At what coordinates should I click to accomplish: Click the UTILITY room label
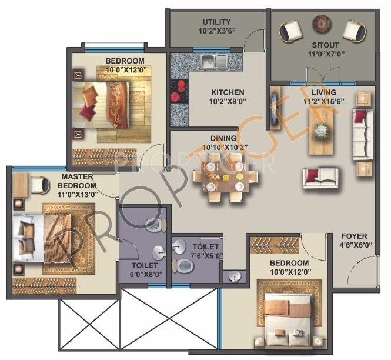coord(216,22)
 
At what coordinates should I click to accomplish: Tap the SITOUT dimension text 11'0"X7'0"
coord(326,54)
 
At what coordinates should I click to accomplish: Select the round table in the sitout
coord(322,24)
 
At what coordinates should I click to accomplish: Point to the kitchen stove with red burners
coord(179,91)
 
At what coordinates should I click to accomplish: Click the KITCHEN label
coord(228,92)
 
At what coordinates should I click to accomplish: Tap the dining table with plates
coord(225,178)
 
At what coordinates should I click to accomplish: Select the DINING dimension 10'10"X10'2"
coord(225,148)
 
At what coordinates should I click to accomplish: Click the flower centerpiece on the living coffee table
coord(320,131)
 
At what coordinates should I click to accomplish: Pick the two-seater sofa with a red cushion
coord(320,178)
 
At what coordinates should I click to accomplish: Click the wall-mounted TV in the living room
coord(275,108)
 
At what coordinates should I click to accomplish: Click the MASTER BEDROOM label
coord(77,181)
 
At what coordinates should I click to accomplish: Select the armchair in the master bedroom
coord(40,185)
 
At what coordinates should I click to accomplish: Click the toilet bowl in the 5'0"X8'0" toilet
coord(156,225)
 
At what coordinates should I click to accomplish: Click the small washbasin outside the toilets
coord(235,276)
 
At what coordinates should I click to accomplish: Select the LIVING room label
coord(324,92)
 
